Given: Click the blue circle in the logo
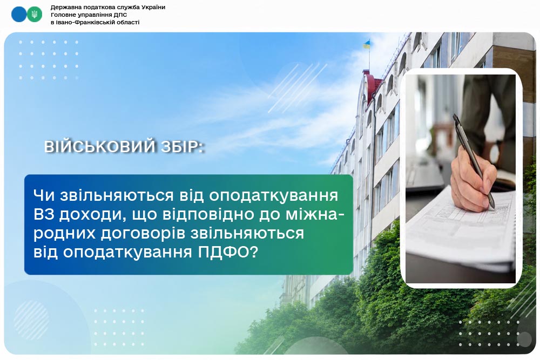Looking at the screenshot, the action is pos(18,15).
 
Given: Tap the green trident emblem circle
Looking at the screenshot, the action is pos(35,15).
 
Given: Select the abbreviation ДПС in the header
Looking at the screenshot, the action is pos(120,15).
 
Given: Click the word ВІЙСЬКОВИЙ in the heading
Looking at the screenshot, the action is pos(100,146).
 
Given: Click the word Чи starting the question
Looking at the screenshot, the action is pos(44,195).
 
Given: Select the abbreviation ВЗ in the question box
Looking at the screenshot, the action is pos(44,214).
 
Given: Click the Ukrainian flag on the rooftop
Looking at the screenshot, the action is pos(367,44).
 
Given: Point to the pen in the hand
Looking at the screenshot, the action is pos(474,161).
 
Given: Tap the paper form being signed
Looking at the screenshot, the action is pos(462,227).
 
